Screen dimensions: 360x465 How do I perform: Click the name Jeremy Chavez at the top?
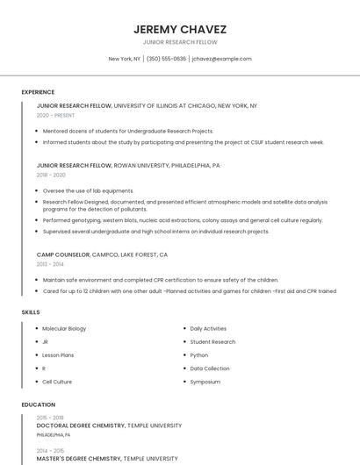coord(179,29)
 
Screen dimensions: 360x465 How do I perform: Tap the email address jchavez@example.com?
coord(221,59)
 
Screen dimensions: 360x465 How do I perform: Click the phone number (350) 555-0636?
coord(166,59)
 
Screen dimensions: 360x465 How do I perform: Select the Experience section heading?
coord(38,92)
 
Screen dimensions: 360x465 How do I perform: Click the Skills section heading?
coord(31,312)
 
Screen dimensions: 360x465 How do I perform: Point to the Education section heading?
coord(39,404)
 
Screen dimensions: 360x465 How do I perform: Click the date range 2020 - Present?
coord(56,115)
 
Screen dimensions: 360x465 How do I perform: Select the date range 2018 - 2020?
coord(52,175)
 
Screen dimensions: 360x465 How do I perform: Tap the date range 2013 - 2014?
coord(50,263)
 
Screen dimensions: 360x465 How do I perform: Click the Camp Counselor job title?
coord(63,254)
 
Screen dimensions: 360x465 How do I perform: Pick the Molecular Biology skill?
coord(64,328)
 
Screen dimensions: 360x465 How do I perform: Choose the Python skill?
coord(199,355)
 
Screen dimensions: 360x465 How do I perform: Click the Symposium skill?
coord(205,382)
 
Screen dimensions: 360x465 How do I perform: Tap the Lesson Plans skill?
coord(58,355)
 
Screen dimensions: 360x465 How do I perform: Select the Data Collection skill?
coord(210,368)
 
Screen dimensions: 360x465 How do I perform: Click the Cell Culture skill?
coord(57,382)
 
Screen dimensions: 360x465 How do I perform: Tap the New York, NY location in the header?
coord(124,59)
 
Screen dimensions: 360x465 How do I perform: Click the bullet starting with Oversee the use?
coord(88,190)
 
